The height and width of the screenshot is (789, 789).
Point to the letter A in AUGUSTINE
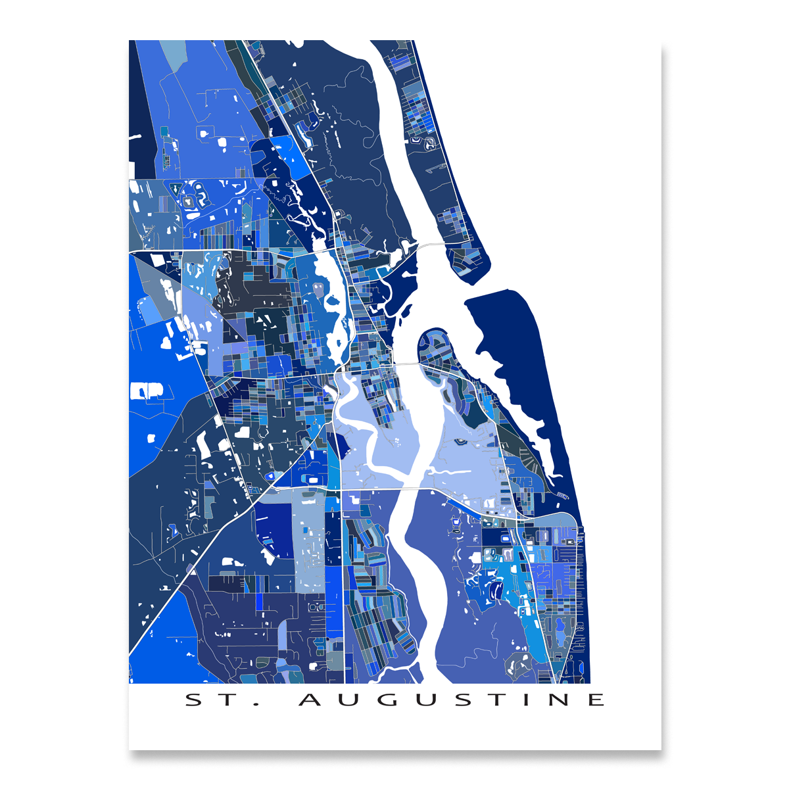coord(309,700)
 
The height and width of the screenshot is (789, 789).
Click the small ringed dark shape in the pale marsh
coord(460,442)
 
